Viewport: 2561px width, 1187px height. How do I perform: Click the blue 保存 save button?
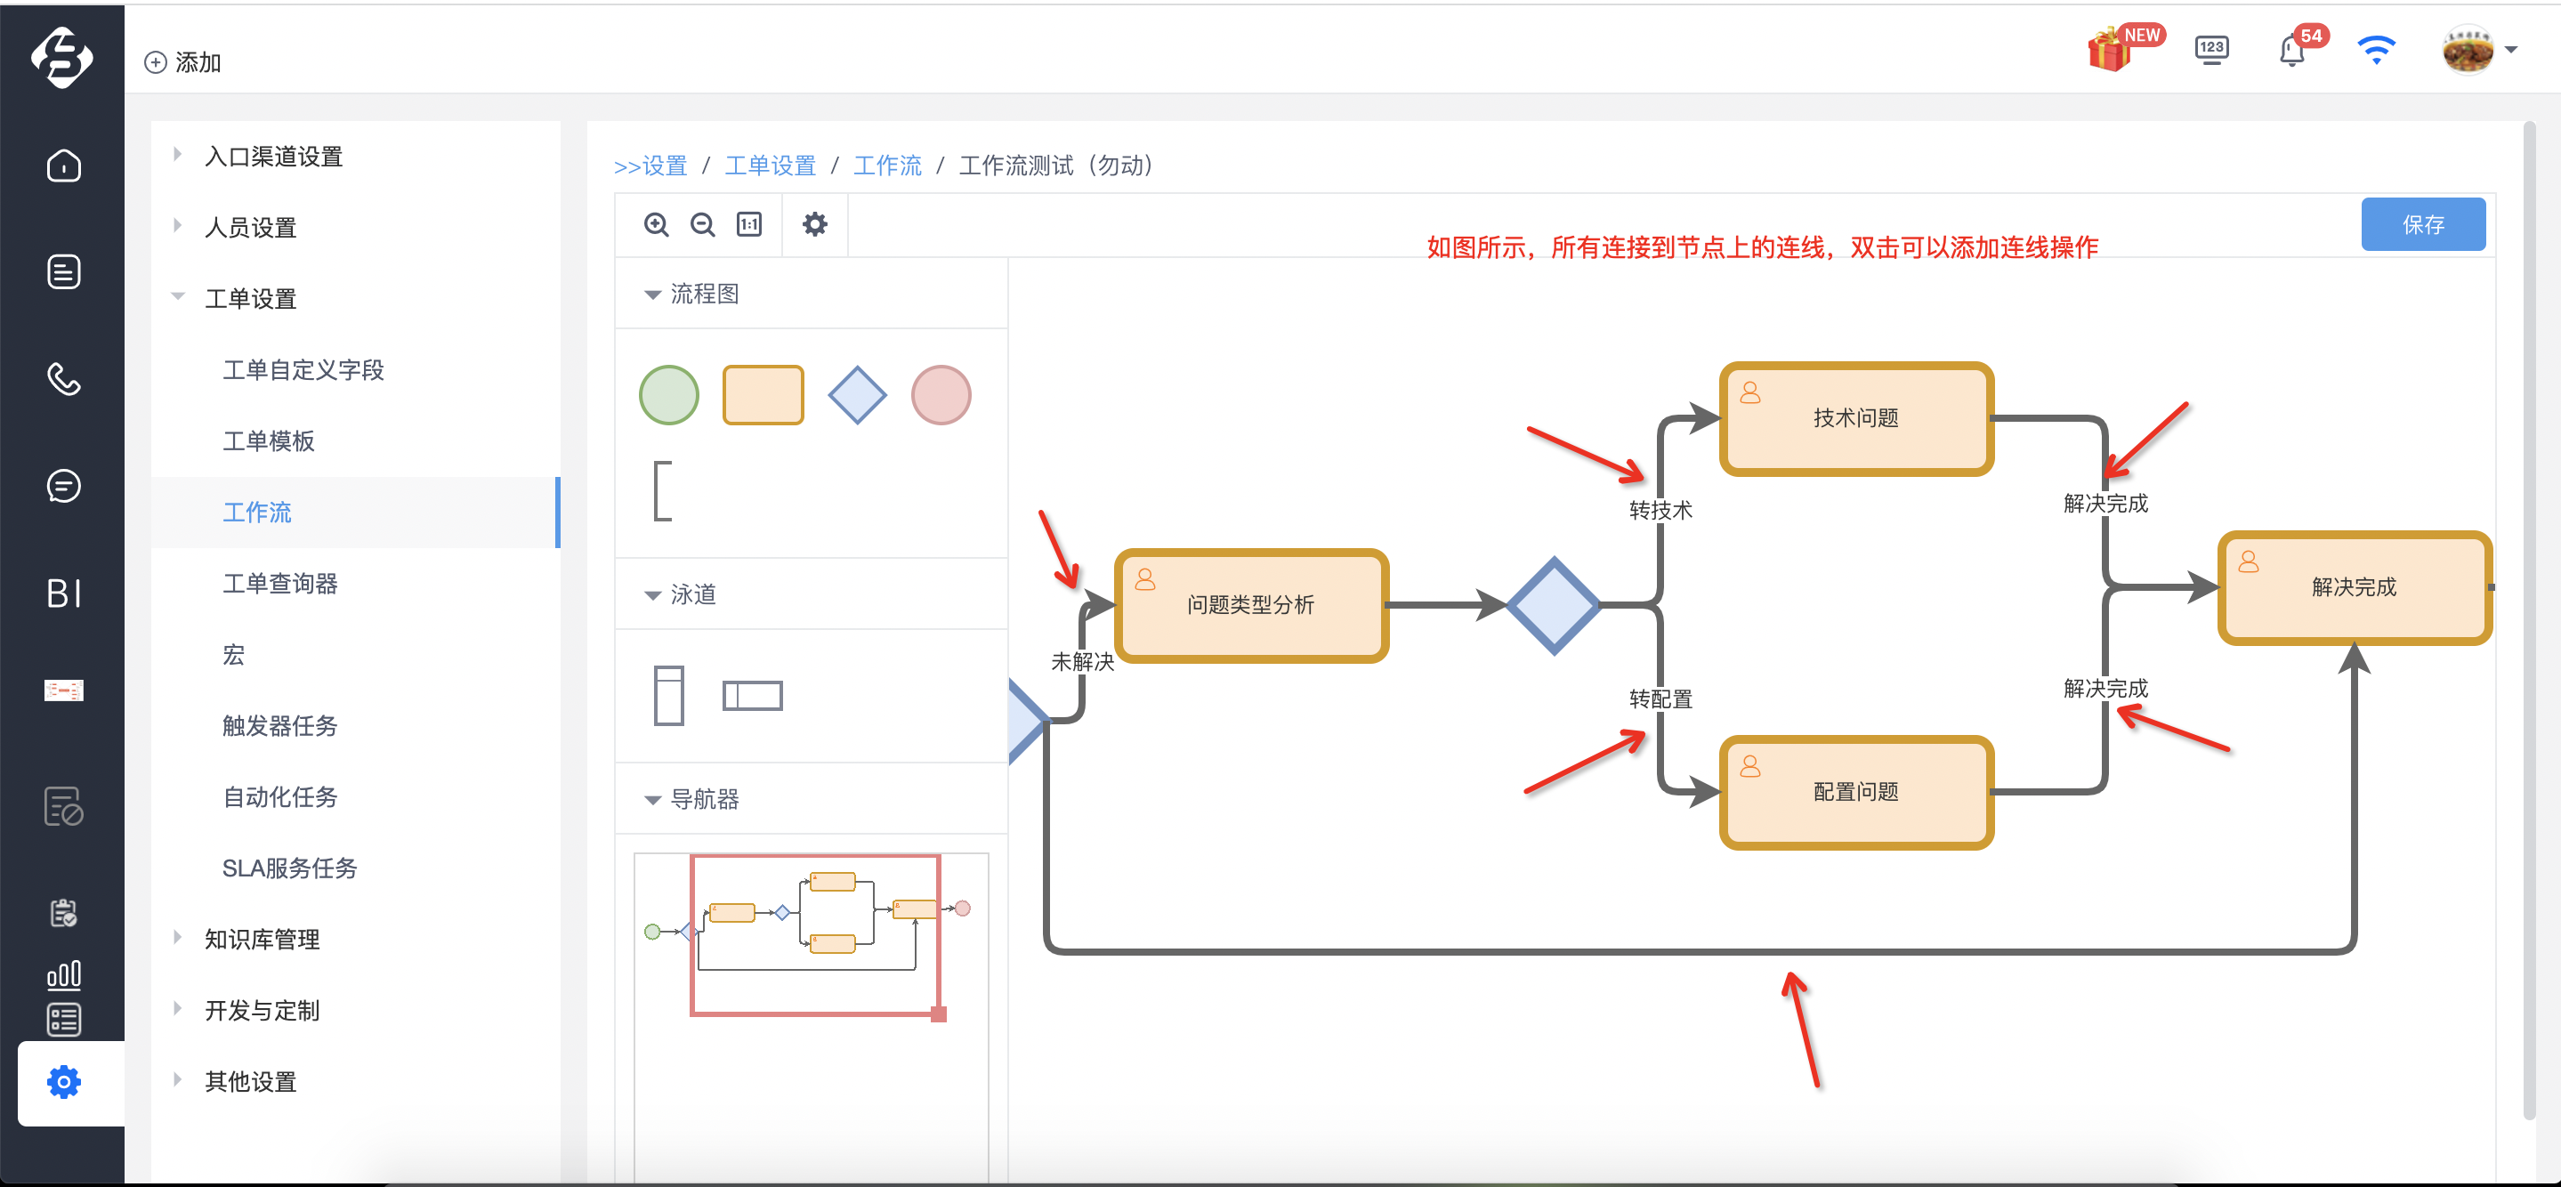point(2423,224)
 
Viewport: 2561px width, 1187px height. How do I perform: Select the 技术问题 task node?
point(1856,418)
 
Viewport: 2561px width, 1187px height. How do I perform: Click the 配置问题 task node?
point(1856,792)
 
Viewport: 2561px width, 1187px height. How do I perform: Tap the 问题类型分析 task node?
point(1250,605)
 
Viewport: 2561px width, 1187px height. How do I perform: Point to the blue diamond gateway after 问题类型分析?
point(1554,605)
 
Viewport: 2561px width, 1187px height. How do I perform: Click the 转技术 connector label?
point(1660,510)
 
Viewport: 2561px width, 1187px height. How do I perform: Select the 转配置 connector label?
point(1660,698)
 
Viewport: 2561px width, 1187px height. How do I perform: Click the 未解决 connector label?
point(1083,661)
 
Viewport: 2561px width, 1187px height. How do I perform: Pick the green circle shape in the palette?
point(669,395)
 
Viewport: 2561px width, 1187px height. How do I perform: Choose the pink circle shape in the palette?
point(941,395)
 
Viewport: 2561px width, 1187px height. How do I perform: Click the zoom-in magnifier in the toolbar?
point(656,224)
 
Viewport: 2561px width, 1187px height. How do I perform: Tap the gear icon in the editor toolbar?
point(814,224)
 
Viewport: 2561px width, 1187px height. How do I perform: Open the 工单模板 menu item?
point(269,440)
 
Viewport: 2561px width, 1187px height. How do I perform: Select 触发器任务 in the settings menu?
point(279,726)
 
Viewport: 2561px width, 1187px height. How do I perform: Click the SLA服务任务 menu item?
point(289,868)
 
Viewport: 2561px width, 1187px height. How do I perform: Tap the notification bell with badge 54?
point(2291,50)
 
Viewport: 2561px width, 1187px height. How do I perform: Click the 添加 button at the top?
point(183,62)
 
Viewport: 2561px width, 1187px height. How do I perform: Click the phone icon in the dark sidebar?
point(64,379)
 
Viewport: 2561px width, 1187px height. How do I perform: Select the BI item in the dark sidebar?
point(64,593)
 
